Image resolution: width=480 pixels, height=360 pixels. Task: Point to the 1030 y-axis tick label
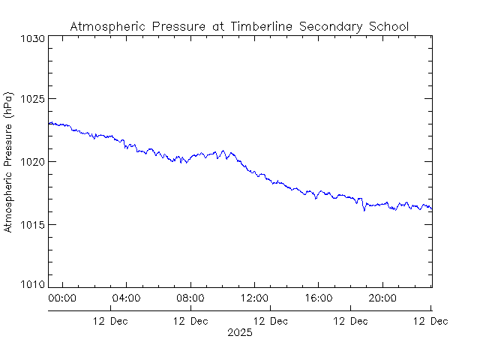(x=33, y=37)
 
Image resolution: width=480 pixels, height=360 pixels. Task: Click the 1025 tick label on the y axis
(x=33, y=100)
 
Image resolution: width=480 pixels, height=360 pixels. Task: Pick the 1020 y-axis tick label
(x=33, y=162)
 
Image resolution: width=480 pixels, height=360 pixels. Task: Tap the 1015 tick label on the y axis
(x=33, y=224)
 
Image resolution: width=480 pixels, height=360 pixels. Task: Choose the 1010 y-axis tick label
(x=33, y=286)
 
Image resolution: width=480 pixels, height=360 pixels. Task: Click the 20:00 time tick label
(x=383, y=298)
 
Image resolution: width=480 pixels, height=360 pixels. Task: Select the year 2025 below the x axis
(x=240, y=332)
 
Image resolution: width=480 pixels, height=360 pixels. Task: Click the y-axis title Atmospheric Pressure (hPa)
(x=8, y=162)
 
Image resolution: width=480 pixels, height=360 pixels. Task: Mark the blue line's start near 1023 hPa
(x=49, y=124)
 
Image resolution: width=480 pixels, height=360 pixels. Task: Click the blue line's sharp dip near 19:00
(x=364, y=209)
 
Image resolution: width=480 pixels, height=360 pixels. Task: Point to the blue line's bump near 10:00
(x=223, y=152)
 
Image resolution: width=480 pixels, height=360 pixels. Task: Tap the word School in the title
(x=388, y=26)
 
